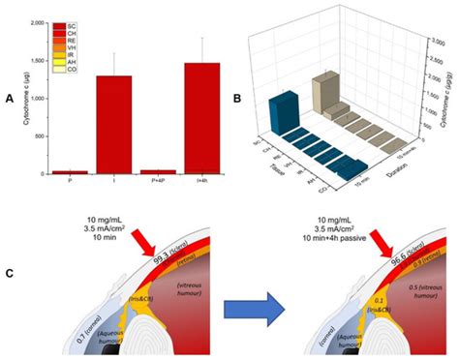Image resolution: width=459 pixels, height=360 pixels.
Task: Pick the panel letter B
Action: point(238,96)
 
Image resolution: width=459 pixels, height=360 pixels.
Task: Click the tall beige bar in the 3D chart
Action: point(322,93)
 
